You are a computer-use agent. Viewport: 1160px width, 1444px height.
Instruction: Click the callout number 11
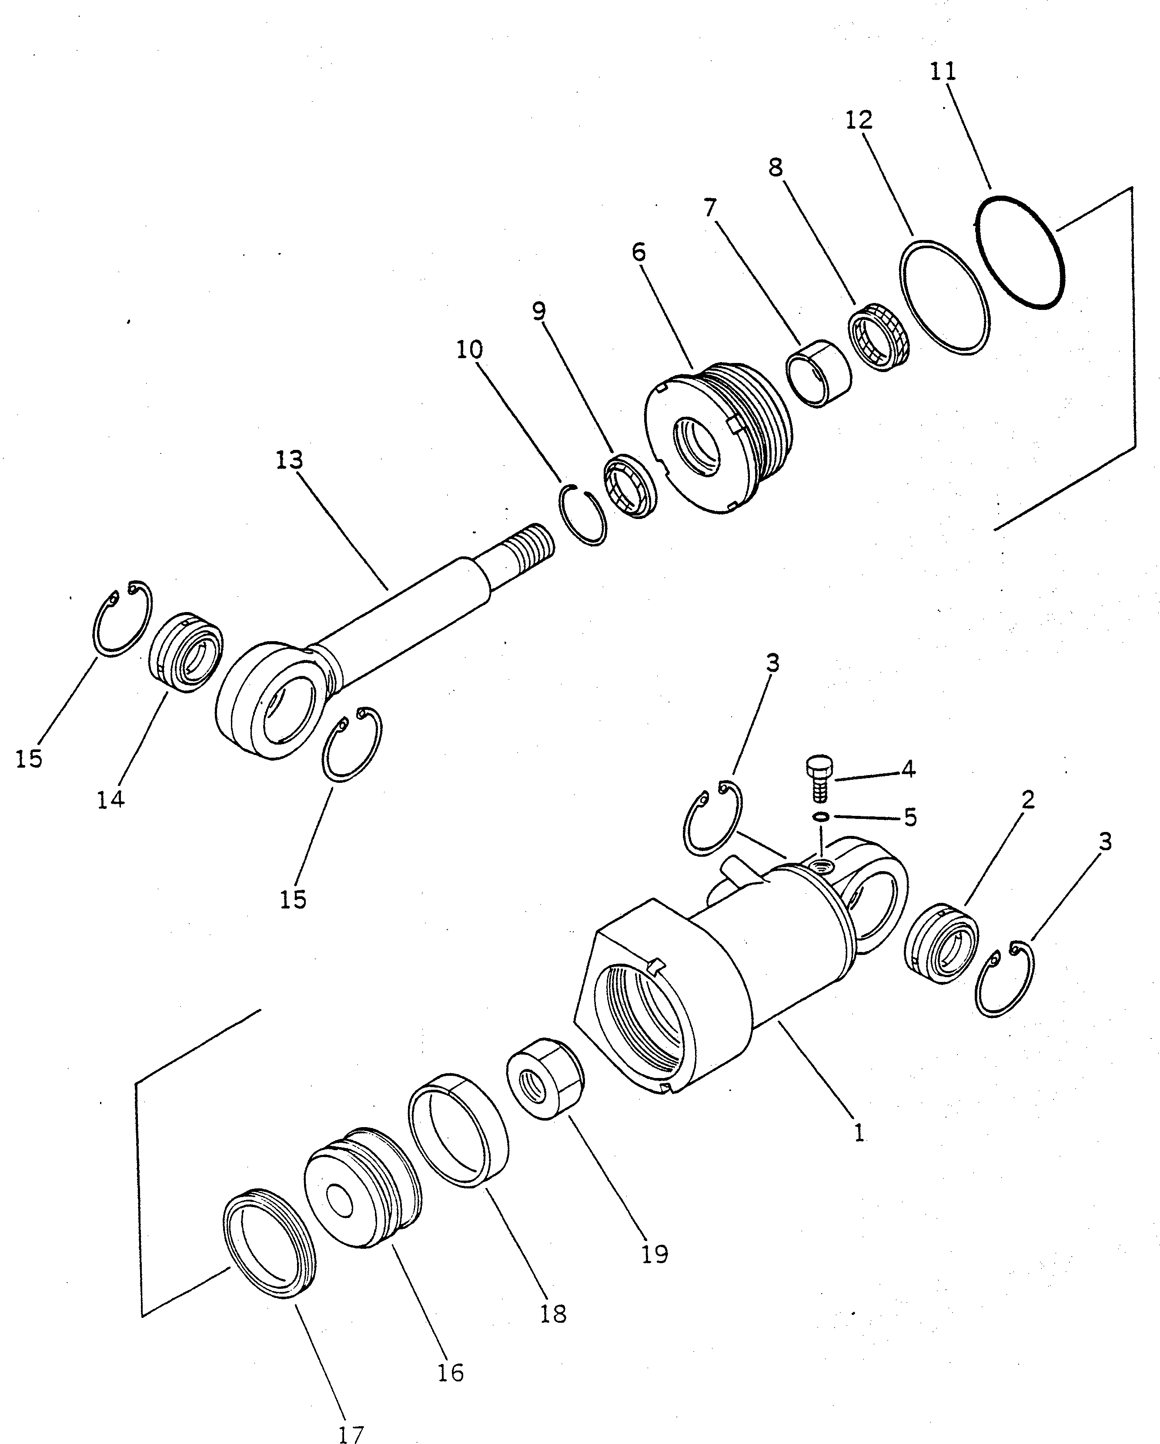click(x=943, y=71)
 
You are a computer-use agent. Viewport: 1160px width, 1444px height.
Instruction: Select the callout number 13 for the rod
click(x=290, y=460)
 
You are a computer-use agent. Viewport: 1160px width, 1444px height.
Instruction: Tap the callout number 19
click(x=655, y=1253)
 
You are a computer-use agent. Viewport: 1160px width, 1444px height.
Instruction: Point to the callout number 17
click(x=351, y=1434)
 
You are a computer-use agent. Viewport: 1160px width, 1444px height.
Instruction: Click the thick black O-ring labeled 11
click(x=1019, y=253)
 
